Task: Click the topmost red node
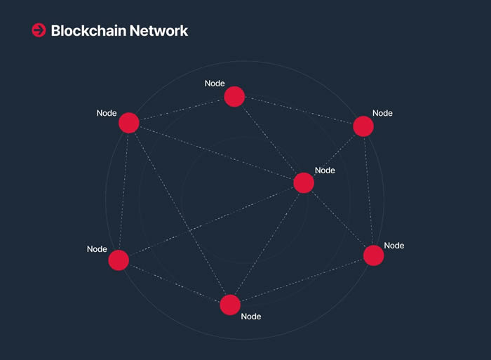point(234,97)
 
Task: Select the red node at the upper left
point(128,123)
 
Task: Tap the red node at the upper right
point(363,126)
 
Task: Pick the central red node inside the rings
point(304,182)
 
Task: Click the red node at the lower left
point(119,260)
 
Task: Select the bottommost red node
point(230,305)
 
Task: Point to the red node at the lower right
point(374,255)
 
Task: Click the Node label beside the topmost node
point(215,84)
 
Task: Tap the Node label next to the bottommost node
point(251,316)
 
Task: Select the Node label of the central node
point(325,171)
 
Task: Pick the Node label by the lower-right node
point(394,246)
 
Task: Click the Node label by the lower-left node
point(97,249)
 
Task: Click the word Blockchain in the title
point(88,31)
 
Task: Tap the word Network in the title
point(159,31)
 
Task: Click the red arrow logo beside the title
point(39,30)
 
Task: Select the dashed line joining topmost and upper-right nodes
point(299,110)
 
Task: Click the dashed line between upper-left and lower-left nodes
point(123,192)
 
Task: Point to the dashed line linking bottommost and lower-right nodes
point(302,281)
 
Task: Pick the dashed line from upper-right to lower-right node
point(368,191)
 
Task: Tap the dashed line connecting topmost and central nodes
point(269,140)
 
